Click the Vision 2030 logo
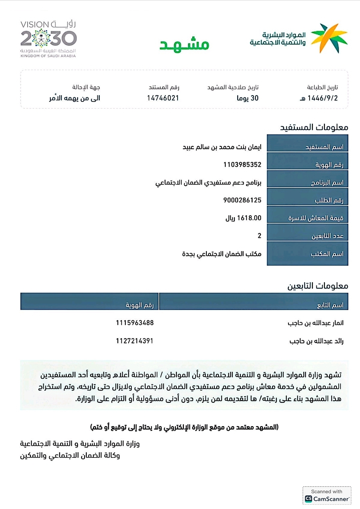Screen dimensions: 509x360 (x=48, y=39)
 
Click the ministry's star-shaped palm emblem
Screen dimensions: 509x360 (x=329, y=38)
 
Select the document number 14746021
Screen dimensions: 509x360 (x=163, y=98)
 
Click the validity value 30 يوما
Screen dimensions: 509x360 (x=248, y=98)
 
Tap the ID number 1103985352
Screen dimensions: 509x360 (x=242, y=165)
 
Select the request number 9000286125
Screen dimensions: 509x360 (x=242, y=200)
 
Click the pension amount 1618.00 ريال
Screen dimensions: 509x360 (x=243, y=218)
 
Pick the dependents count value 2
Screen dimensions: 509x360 (x=259, y=236)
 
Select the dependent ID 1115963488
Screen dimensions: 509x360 (x=135, y=323)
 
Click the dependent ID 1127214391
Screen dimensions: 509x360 (x=134, y=341)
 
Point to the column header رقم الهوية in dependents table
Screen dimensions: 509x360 (x=139, y=305)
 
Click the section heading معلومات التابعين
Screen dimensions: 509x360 (x=318, y=286)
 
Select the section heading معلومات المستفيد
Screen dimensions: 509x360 (x=314, y=128)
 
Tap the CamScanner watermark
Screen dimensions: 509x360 (x=327, y=496)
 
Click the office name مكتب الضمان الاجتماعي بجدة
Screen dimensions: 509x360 (x=222, y=254)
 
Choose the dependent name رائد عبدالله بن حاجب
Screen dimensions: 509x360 (x=316, y=341)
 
